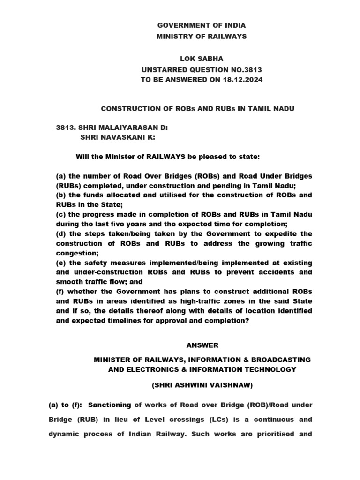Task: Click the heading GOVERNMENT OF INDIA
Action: (x=202, y=25)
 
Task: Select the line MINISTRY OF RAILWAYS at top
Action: (x=202, y=37)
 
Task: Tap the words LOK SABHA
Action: (x=202, y=59)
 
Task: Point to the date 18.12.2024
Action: (x=242, y=80)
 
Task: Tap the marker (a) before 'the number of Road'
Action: (x=61, y=176)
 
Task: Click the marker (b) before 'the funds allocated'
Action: (x=61, y=195)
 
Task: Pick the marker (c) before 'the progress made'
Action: (x=61, y=214)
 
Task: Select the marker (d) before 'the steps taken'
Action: (x=61, y=234)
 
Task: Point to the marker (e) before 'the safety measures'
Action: (x=61, y=262)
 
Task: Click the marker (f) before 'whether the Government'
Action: (x=60, y=292)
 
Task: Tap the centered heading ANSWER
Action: (x=202, y=345)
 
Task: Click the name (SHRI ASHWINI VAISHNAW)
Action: (x=202, y=386)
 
